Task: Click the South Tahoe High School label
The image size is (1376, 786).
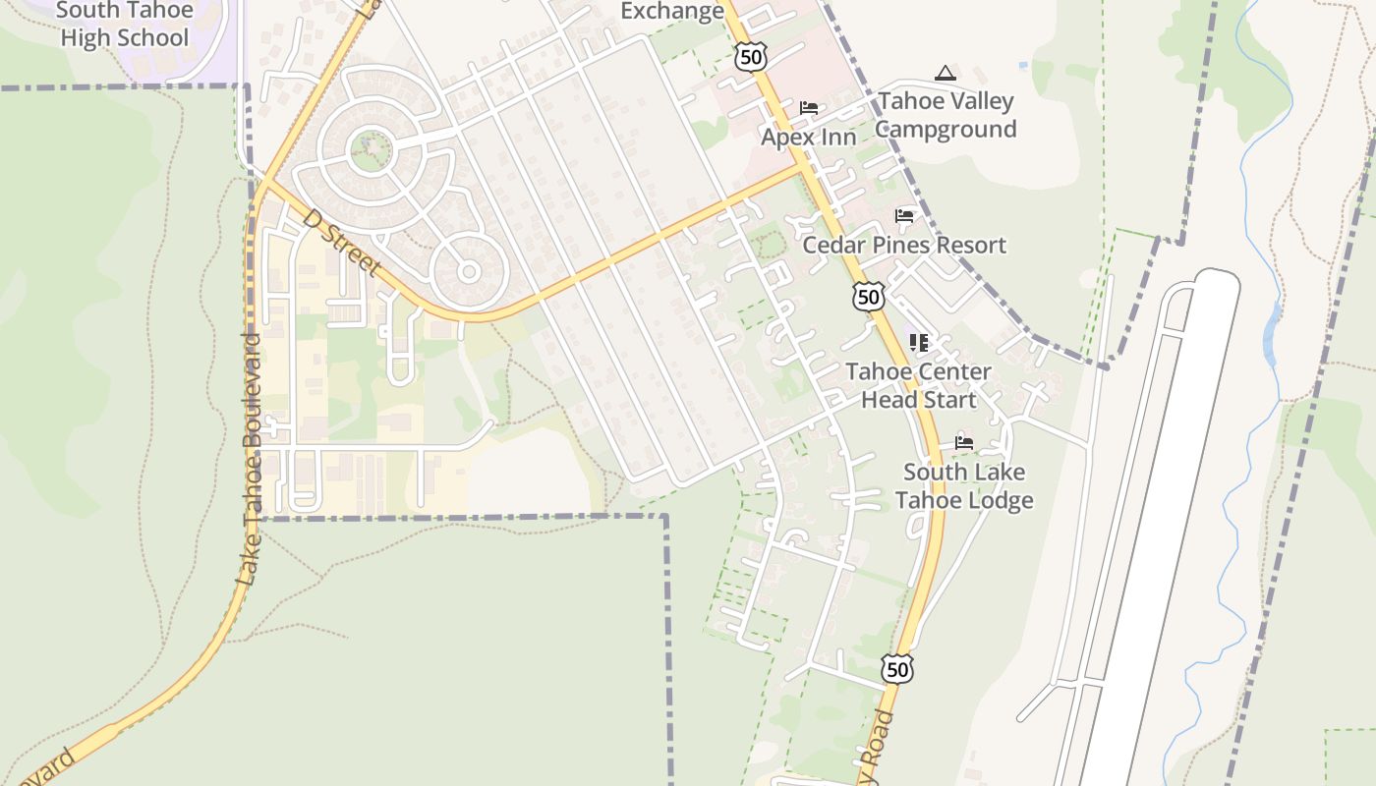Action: tap(124, 26)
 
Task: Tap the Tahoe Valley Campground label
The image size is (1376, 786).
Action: tap(946, 115)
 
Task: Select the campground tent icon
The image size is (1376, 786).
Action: tap(945, 73)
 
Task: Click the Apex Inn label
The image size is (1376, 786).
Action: tap(809, 137)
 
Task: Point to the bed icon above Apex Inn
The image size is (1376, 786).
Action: tap(809, 108)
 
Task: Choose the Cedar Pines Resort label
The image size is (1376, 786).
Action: tap(904, 245)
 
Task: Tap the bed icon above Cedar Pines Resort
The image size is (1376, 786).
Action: tap(904, 216)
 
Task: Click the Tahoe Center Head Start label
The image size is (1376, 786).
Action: tap(919, 386)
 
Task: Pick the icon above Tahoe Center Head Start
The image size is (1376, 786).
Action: tap(919, 343)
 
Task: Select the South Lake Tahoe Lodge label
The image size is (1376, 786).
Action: tap(964, 486)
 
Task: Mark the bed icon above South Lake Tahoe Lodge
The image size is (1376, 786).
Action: tap(964, 443)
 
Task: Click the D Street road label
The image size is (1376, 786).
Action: tap(341, 242)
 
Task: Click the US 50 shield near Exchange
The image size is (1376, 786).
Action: tap(752, 57)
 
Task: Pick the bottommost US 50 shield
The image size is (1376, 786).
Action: tap(896, 669)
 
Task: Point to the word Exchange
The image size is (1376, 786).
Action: tap(672, 12)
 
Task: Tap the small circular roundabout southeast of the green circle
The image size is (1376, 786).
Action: tap(469, 271)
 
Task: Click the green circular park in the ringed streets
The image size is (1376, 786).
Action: tap(371, 151)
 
